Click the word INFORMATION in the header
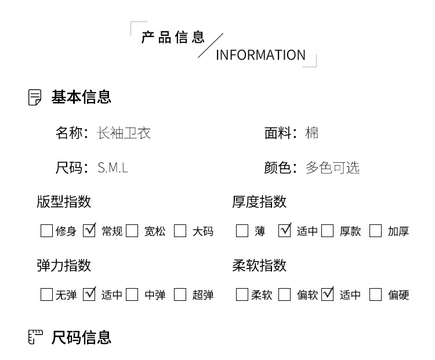point(260,55)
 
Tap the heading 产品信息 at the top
point(173,38)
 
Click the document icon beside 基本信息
point(35,97)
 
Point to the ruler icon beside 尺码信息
point(35,337)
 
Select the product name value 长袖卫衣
point(124,133)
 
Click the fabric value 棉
point(312,133)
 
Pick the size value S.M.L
point(113,168)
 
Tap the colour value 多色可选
point(332,168)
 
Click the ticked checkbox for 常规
point(89,231)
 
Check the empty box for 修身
point(46,231)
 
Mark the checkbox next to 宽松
point(132,231)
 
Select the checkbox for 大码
point(180,231)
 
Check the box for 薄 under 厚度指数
point(242,231)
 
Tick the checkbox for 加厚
point(376,231)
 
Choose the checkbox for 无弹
point(46,294)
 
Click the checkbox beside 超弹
point(180,294)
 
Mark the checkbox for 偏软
point(284,294)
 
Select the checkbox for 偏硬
point(376,294)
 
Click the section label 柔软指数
point(259,266)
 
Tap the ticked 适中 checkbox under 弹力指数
point(89,294)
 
